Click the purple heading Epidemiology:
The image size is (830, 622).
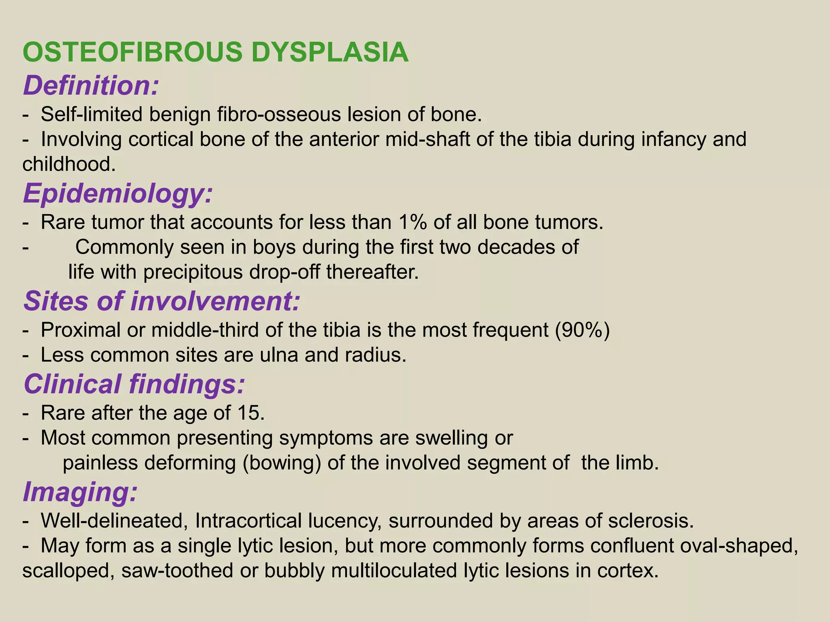[118, 194]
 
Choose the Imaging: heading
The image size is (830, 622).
[80, 492]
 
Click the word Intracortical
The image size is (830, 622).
[248, 521]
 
